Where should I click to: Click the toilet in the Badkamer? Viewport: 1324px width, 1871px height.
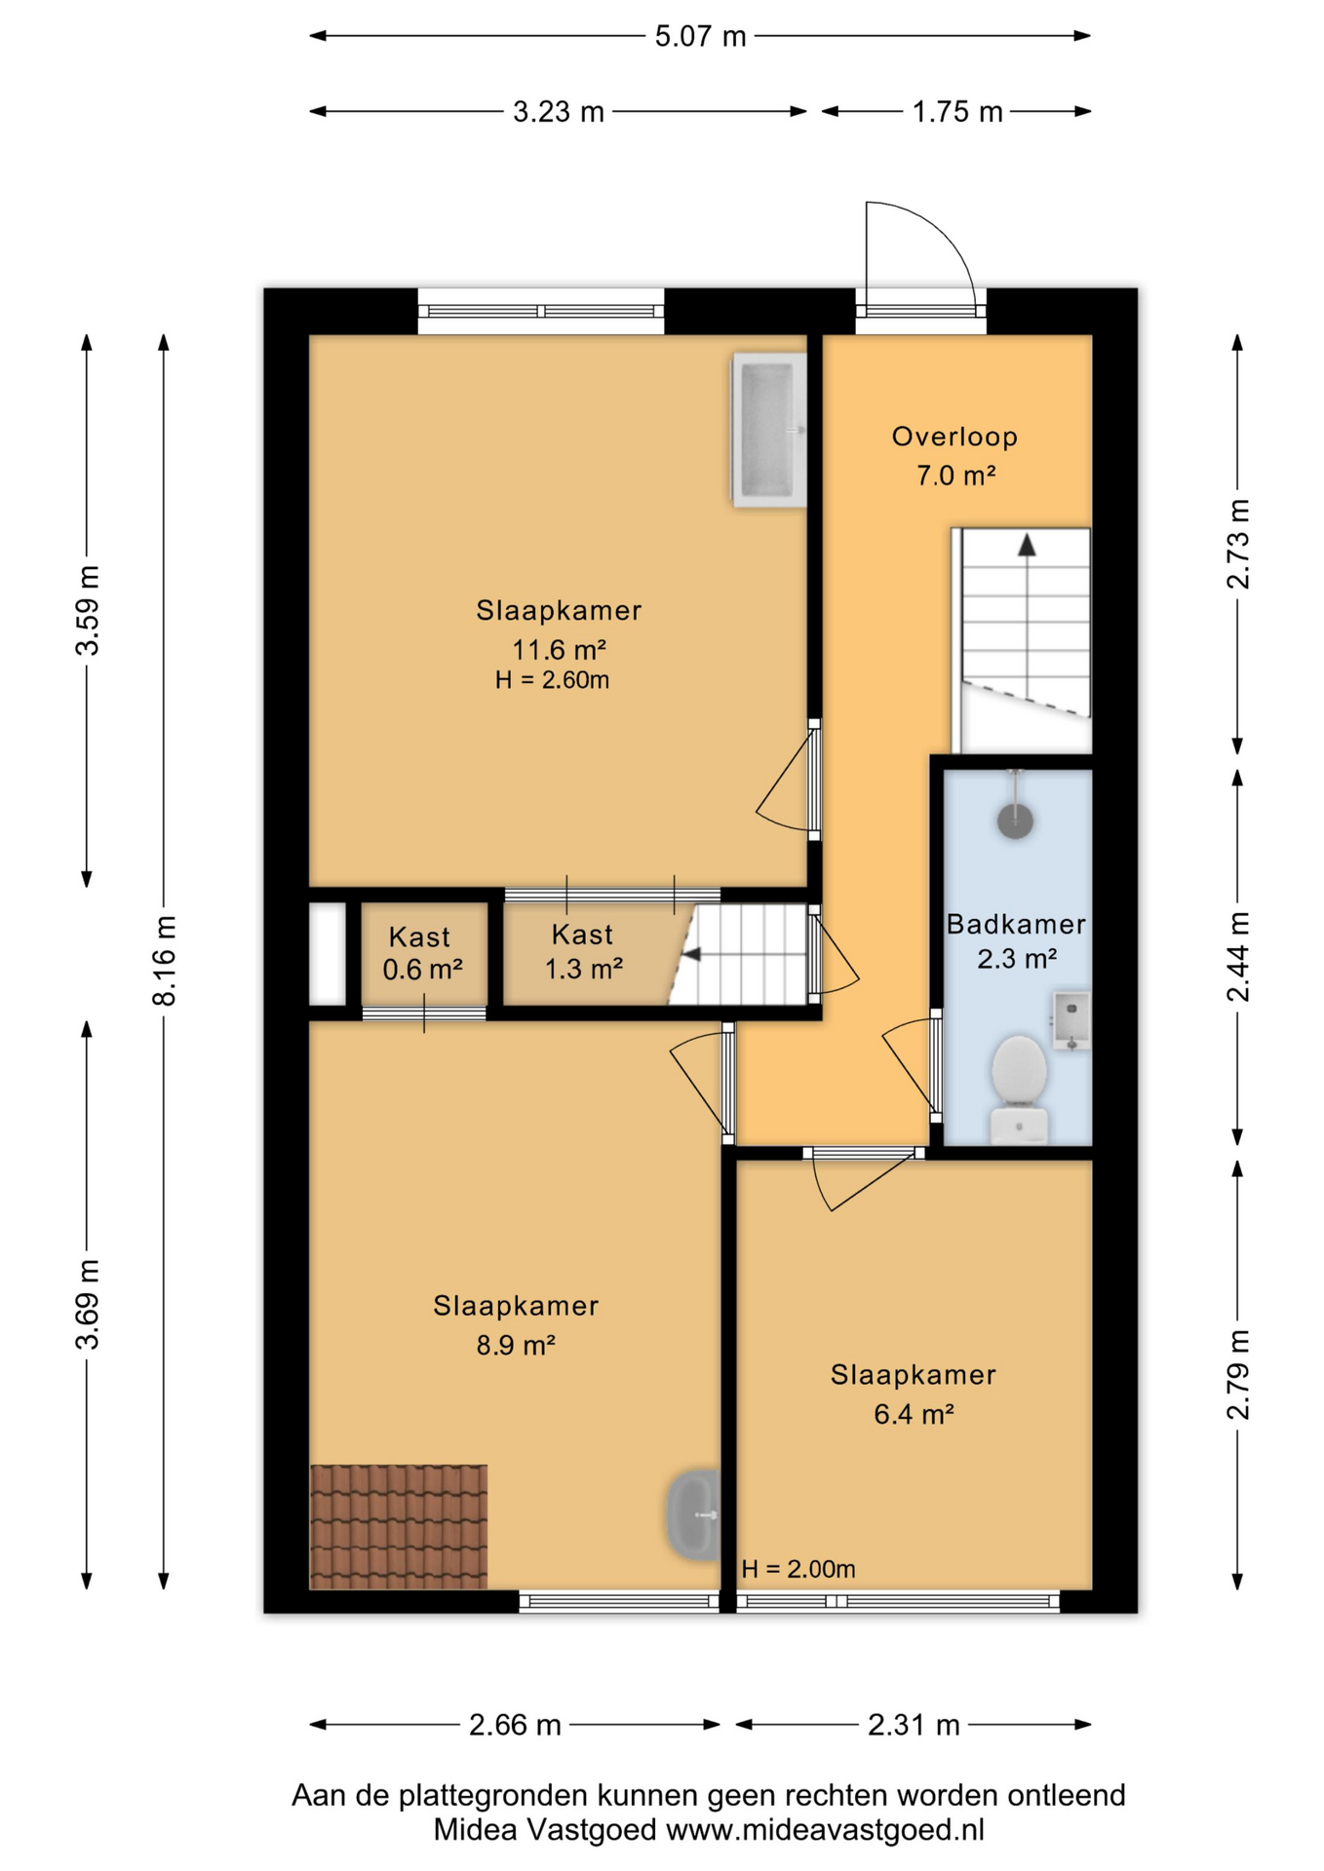pos(1019,1088)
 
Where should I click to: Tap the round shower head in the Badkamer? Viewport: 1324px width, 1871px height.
pos(1015,820)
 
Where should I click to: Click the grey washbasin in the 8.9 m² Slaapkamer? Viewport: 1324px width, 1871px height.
pos(693,1514)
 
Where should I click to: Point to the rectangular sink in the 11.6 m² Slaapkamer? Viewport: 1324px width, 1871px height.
pos(769,430)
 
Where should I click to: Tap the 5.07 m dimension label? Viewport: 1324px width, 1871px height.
pos(700,37)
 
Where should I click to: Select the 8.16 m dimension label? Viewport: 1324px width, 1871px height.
pos(164,960)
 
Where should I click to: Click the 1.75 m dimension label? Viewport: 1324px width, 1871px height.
pos(957,112)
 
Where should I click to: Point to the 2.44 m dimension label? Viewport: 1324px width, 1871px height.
pos(1237,956)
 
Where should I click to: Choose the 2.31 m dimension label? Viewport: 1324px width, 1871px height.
pos(914,1725)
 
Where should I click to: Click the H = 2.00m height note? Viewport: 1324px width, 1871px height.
pos(798,1569)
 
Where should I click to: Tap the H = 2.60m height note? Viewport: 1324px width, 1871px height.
pos(552,680)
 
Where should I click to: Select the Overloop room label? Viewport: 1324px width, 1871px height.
pos(954,437)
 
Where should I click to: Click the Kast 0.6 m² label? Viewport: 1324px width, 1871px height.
pos(421,953)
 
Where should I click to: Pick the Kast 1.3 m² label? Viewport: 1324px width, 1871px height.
pos(583,951)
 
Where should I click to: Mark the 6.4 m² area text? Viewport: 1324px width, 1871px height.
pos(914,1414)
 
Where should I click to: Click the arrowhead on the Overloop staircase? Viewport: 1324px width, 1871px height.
pos(1027,545)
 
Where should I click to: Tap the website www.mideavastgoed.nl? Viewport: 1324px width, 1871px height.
pos(825,1830)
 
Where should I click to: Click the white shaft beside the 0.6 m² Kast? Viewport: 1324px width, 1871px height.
pos(328,954)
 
